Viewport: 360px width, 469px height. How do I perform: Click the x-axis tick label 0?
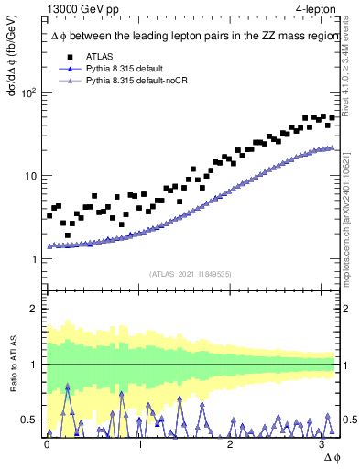(x=48, y=443)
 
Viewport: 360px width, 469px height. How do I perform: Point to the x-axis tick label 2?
(x=231, y=443)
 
